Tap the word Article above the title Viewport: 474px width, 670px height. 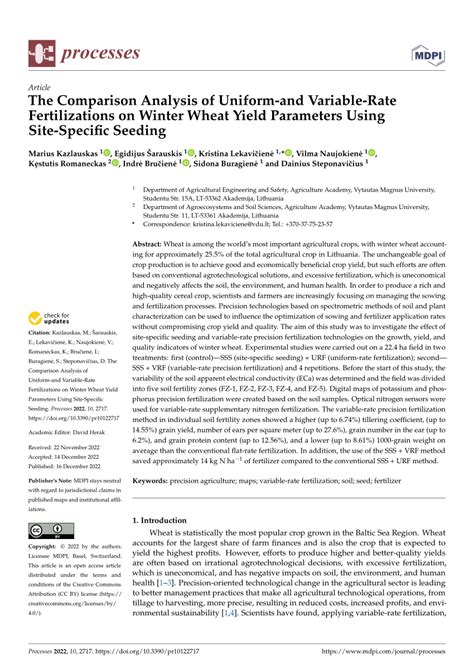point(38,88)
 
